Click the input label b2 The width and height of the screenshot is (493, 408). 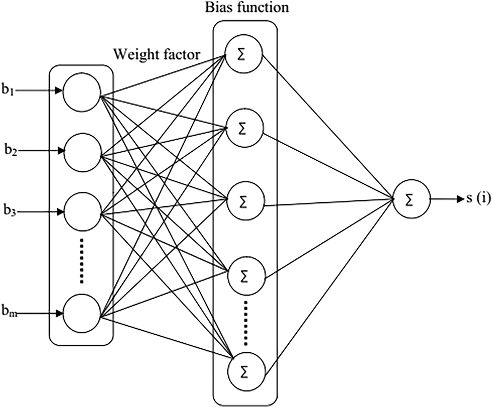10,150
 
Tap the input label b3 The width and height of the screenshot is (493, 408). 10,212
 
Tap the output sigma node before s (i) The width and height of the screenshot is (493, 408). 412,200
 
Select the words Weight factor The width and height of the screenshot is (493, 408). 157,53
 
